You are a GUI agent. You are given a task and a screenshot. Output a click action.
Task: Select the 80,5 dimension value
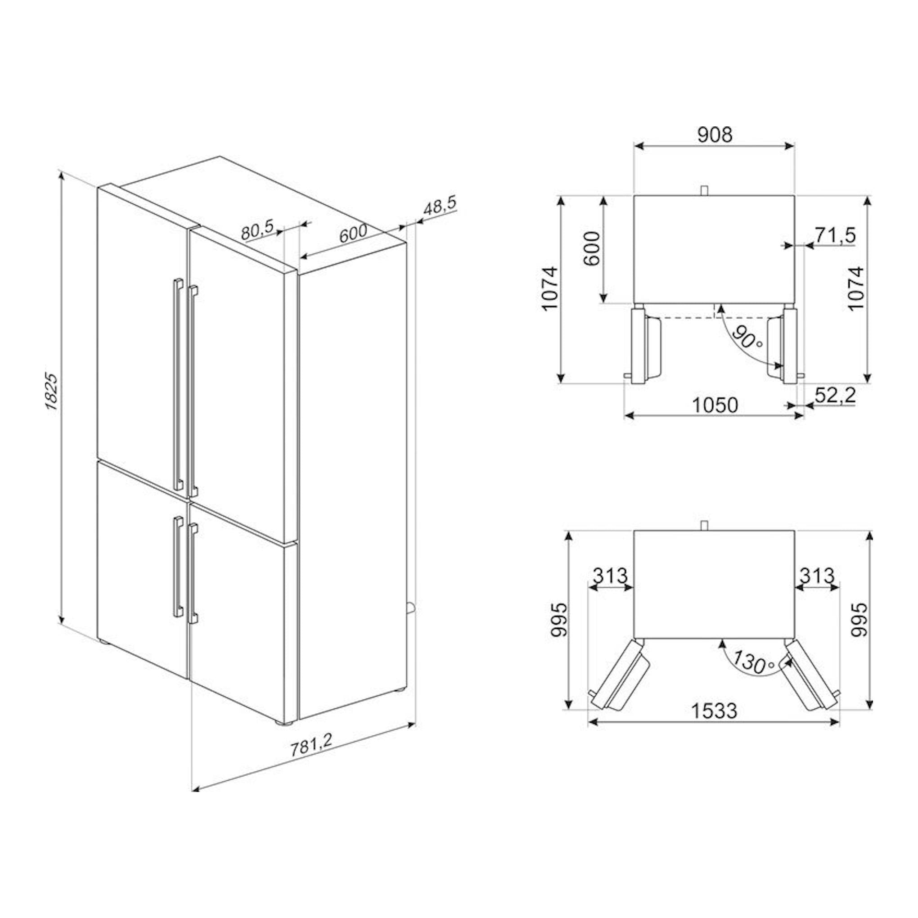tap(257, 230)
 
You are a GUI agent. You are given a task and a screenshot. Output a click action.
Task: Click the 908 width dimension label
tap(715, 135)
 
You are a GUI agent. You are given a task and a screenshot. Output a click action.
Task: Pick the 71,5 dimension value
tap(835, 235)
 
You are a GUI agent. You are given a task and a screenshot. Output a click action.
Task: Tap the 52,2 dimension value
tap(835, 396)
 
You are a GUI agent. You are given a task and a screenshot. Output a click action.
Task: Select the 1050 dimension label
tap(715, 405)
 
